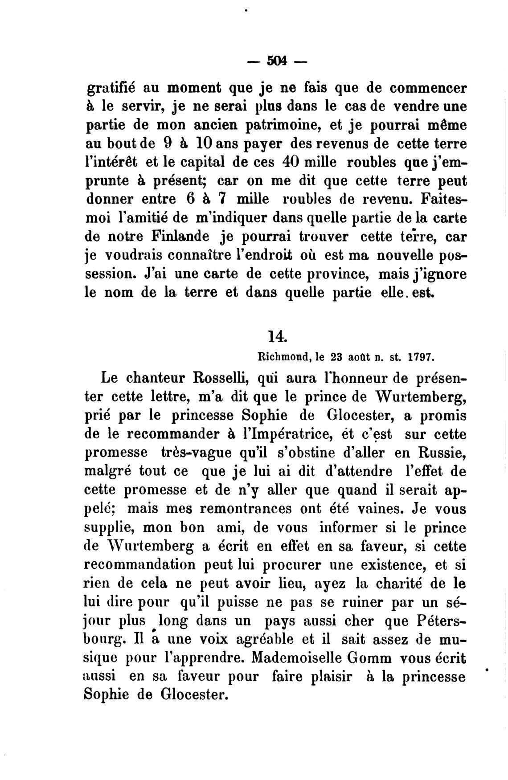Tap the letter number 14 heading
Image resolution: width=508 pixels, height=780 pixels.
[277, 336]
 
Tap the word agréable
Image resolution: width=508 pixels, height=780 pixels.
[266, 639]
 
